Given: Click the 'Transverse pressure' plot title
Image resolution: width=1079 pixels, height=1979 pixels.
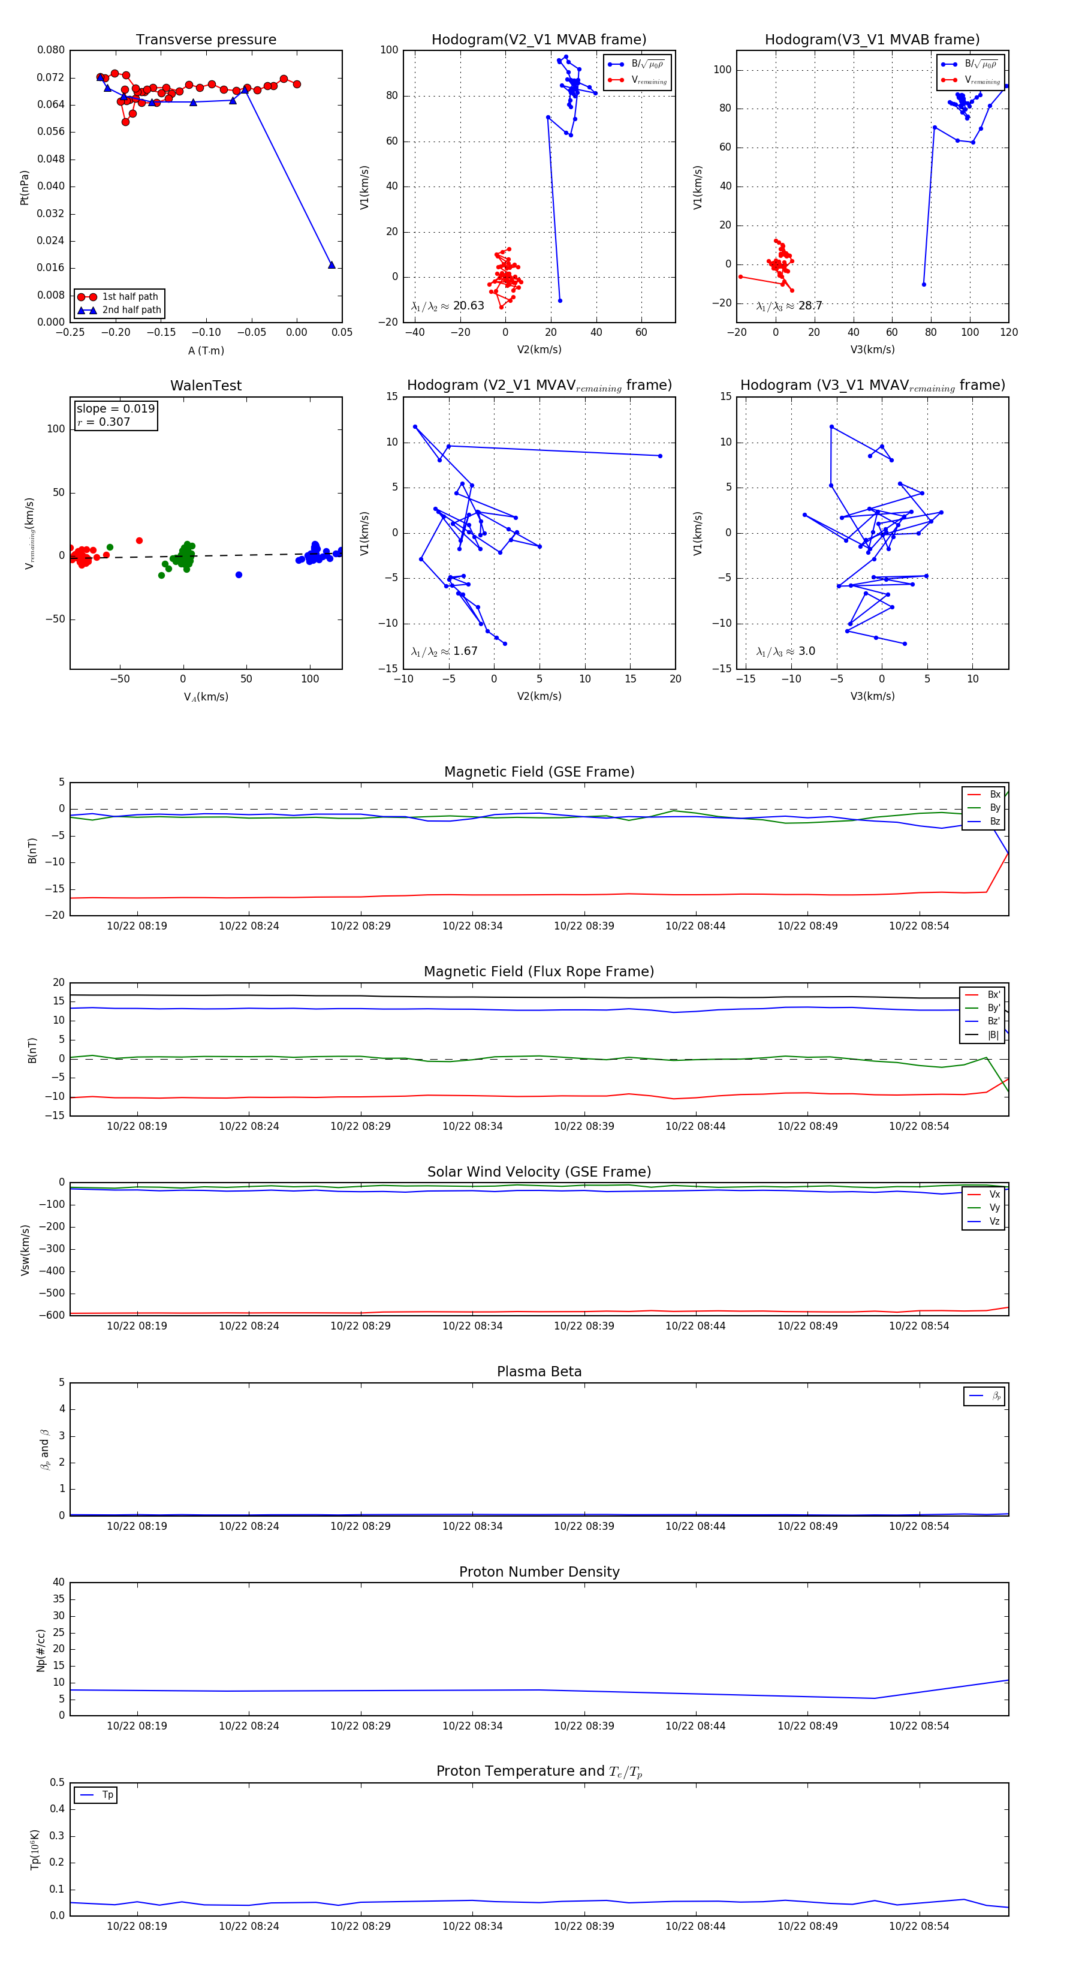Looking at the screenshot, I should pos(206,40).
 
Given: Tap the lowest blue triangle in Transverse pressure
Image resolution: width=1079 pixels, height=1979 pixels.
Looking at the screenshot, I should pos(331,265).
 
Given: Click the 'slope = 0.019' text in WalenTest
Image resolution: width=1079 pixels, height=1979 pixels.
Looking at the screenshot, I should pos(115,409).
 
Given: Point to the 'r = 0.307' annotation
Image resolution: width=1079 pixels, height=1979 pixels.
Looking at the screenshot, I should pos(104,422).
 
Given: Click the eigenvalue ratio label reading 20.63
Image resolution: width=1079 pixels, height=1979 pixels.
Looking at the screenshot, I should pos(448,306).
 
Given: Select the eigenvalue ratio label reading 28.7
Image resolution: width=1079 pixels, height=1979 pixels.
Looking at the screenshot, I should pos(789,306).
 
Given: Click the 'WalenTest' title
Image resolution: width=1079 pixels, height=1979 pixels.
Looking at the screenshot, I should pos(206,386).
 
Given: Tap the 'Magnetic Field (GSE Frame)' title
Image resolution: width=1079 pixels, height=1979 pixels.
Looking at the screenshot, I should pos(539,772).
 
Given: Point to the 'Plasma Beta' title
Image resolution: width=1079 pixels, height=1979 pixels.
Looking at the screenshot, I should pos(539,1372).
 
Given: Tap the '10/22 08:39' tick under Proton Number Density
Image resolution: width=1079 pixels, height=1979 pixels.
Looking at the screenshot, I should pos(584,1725).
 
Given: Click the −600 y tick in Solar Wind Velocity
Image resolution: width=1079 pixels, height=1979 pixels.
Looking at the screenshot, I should pos(52,1315).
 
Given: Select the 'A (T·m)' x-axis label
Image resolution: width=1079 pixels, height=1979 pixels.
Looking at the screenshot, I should pos(206,350).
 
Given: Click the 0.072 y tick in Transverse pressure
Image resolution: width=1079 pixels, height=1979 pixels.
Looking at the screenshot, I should pos(51,77).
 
